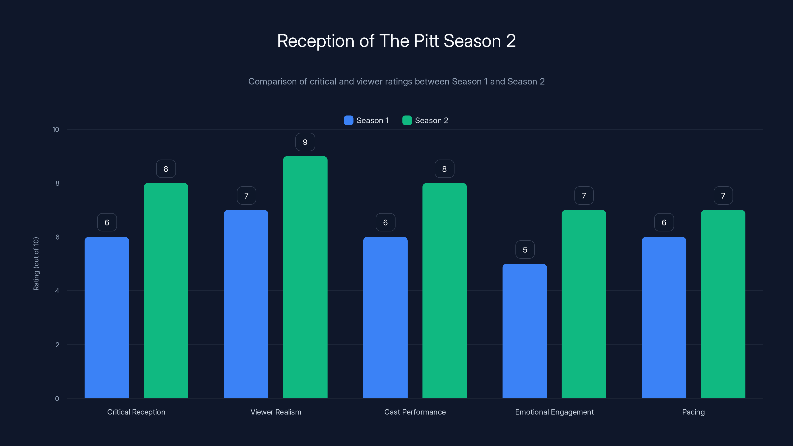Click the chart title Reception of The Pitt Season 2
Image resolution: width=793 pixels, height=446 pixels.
click(x=396, y=41)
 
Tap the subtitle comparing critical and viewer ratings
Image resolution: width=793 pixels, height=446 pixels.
click(x=396, y=82)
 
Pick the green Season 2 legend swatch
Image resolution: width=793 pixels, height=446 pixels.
click(x=407, y=120)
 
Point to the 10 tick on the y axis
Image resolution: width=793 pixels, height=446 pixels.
click(x=56, y=130)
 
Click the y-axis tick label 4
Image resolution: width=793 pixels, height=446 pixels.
click(x=57, y=291)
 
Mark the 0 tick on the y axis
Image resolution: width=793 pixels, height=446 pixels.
click(x=57, y=399)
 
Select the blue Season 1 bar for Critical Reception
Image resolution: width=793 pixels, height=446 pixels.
click(x=107, y=317)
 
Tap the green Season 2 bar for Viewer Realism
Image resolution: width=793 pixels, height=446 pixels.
click(x=305, y=277)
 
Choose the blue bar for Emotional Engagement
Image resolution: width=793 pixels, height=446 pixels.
click(x=525, y=331)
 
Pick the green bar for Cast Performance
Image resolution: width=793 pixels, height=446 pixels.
click(x=444, y=291)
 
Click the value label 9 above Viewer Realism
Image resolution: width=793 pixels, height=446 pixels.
click(x=305, y=142)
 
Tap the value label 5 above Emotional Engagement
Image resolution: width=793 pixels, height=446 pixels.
click(x=525, y=250)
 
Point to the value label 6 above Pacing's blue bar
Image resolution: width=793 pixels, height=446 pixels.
click(x=664, y=223)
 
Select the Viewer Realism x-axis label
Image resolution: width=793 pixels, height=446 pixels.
click(x=276, y=412)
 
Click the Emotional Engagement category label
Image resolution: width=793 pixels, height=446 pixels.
click(x=554, y=412)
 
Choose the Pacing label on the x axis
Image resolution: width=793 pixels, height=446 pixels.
click(x=693, y=412)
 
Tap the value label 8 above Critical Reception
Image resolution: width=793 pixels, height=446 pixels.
click(x=166, y=169)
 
